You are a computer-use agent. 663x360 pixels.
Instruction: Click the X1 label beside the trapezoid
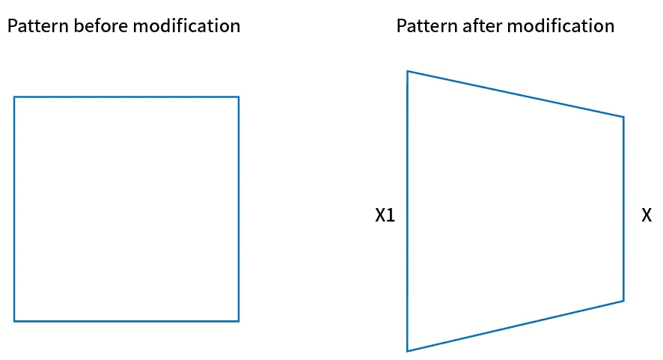coord(385,216)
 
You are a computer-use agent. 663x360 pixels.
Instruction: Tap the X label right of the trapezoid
coord(647,216)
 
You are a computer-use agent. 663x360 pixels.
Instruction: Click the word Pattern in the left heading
coord(38,25)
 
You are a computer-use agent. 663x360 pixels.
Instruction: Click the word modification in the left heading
coord(186,25)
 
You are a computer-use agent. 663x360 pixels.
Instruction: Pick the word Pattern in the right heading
coord(427,25)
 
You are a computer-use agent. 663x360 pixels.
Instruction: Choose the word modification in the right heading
coord(560,25)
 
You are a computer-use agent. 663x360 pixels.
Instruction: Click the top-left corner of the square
coord(14,97)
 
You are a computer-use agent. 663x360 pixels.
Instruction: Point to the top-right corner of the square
coord(239,97)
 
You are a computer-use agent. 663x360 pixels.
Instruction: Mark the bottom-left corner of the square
coord(14,321)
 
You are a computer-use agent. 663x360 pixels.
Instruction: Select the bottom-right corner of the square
coord(239,321)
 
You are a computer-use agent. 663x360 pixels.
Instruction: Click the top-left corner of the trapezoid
coord(407,71)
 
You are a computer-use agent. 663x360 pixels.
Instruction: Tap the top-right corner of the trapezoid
coord(623,117)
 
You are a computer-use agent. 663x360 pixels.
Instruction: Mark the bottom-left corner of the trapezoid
coord(407,351)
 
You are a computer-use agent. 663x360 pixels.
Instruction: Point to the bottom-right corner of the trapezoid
coord(623,301)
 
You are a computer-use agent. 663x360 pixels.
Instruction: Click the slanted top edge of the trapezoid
coord(516,94)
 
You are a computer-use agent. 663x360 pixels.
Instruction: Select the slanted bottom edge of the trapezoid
coord(516,326)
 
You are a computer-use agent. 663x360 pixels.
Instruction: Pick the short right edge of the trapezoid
coord(623,209)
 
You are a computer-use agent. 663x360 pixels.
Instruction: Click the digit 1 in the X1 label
coord(391,216)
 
